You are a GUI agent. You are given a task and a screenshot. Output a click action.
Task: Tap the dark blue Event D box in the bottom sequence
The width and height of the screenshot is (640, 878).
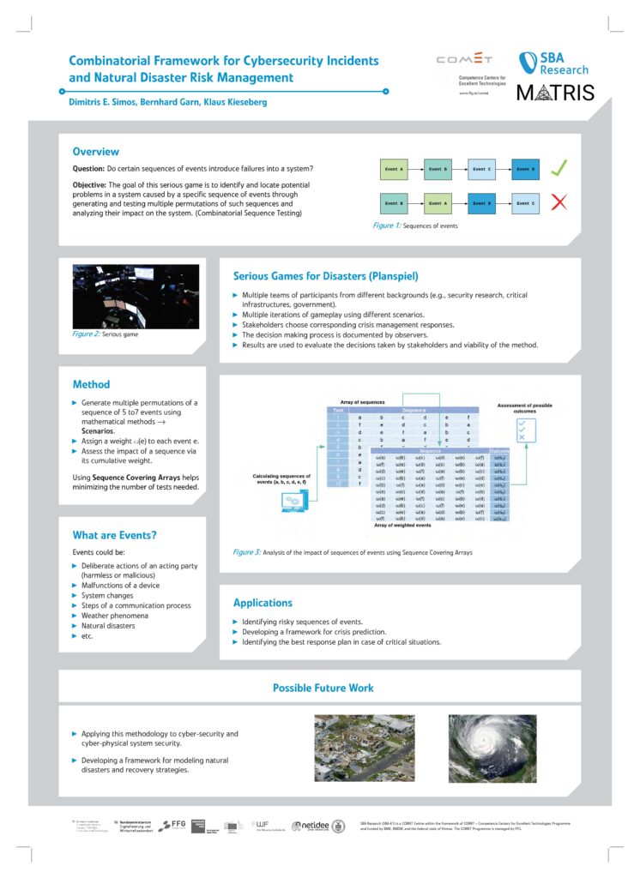click(481, 203)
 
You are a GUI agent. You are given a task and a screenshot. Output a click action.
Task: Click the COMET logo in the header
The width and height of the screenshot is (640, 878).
click(464, 60)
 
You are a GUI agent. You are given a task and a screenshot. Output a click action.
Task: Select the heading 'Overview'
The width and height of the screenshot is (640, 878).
click(95, 152)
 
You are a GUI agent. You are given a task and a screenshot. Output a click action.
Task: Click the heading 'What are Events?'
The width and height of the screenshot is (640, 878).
click(115, 535)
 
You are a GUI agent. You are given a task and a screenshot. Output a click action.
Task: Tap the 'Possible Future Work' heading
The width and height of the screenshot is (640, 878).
click(323, 688)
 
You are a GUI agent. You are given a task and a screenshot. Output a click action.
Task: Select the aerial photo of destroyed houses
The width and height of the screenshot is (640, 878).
click(353, 748)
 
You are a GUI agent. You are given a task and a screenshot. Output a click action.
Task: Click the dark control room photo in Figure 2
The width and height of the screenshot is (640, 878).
click(136, 296)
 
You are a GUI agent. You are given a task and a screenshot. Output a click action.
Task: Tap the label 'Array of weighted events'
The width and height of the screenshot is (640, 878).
click(404, 525)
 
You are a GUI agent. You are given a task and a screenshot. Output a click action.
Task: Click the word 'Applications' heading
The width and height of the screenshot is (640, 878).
click(263, 603)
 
